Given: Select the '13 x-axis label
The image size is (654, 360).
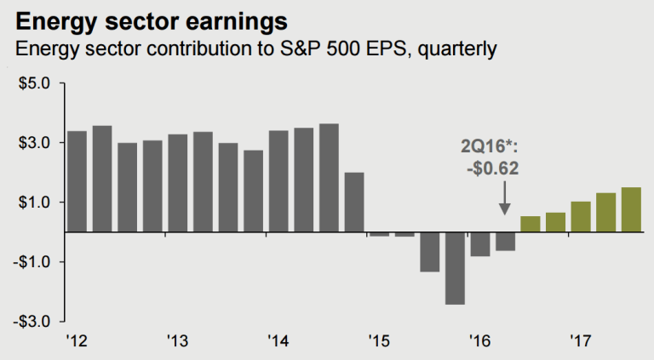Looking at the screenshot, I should [x=176, y=341].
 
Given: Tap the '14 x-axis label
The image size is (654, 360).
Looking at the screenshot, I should [x=277, y=341].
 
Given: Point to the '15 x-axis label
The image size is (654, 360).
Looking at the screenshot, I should [x=378, y=341].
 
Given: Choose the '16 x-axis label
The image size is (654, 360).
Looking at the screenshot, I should [x=479, y=341].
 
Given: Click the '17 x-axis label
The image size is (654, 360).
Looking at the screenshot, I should [x=580, y=341].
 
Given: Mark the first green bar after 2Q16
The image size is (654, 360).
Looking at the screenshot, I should [x=530, y=224].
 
